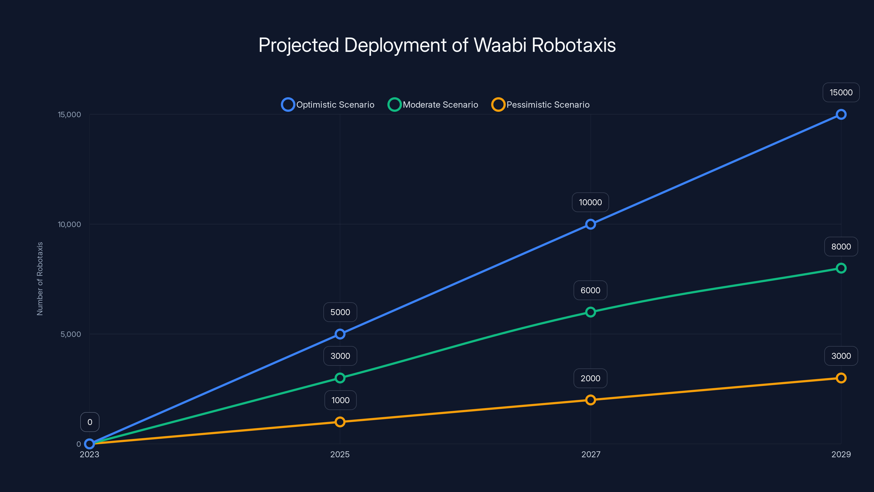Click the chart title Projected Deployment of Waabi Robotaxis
point(437,45)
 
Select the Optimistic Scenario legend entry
point(328,105)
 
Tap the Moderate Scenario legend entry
point(433,105)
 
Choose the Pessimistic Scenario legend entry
point(541,105)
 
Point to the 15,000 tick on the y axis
point(70,115)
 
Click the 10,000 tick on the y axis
point(70,224)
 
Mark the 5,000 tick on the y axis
point(70,334)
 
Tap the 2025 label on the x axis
point(340,454)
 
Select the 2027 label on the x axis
point(591,454)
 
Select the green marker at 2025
point(340,378)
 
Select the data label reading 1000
point(340,400)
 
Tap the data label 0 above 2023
point(90,422)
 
